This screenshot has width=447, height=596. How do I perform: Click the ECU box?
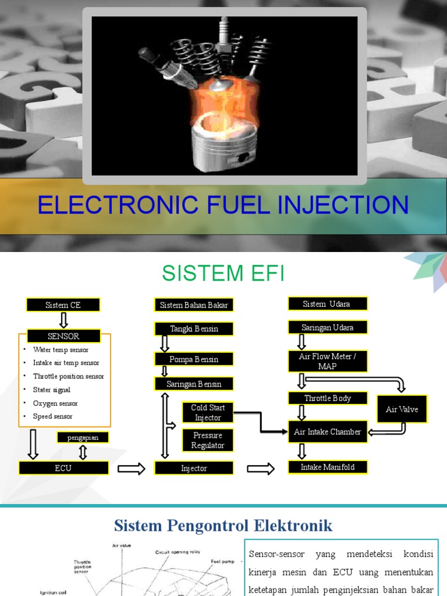pyautogui.click(x=63, y=468)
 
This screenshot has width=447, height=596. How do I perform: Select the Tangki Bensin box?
pyautogui.click(x=194, y=329)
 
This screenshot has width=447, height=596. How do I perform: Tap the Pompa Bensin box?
pyautogui.click(x=194, y=359)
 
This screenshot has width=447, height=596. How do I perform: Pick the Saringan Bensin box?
pyautogui.click(x=194, y=384)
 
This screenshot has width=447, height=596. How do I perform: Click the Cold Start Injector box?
pyautogui.click(x=208, y=412)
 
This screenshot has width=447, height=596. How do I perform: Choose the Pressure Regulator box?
pyautogui.click(x=208, y=441)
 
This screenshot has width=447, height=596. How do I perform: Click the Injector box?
pyautogui.click(x=194, y=468)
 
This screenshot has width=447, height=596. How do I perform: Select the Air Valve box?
pyautogui.click(x=402, y=410)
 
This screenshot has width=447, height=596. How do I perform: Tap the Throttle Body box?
pyautogui.click(x=328, y=399)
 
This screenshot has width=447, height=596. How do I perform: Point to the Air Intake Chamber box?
pyautogui.click(x=328, y=432)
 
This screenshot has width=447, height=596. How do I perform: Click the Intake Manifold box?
pyautogui.click(x=328, y=467)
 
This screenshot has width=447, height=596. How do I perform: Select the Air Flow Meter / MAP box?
pyautogui.click(x=328, y=361)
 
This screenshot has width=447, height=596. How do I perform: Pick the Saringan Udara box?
pyautogui.click(x=328, y=328)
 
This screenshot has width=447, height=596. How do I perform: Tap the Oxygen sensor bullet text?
pyautogui.click(x=55, y=403)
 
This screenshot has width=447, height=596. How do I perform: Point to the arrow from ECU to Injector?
pyautogui.click(x=132, y=469)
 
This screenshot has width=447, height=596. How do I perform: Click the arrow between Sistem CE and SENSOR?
pyautogui.click(x=63, y=320)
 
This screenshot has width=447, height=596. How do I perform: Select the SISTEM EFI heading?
pyautogui.click(x=223, y=272)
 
